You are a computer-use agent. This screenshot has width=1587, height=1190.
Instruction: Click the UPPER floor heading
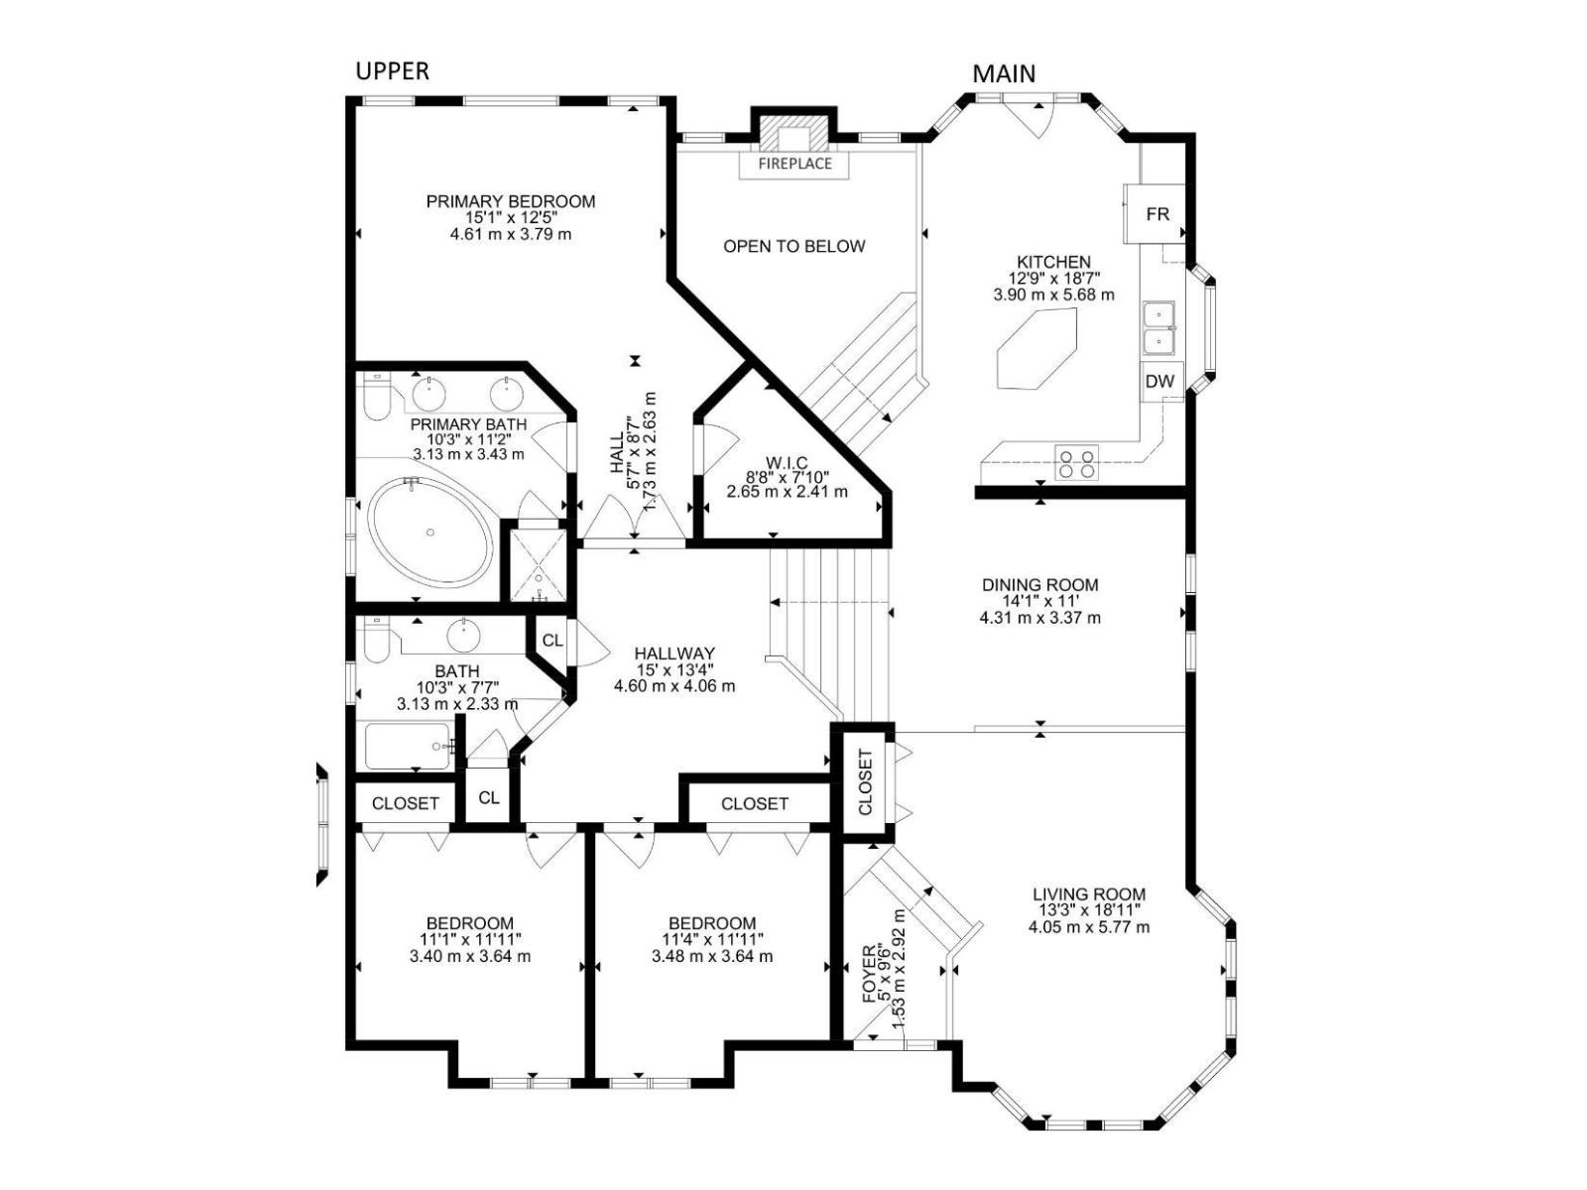pos(393,70)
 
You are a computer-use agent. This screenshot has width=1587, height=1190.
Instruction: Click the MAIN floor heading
pos(1004,73)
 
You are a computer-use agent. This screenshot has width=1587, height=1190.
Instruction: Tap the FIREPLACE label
pos(794,164)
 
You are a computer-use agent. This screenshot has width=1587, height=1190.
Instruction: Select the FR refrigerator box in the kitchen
pos(1154,214)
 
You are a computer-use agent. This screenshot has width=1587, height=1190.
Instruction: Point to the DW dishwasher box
pos(1160,382)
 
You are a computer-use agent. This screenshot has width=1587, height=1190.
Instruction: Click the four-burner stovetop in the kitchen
pos(1076,463)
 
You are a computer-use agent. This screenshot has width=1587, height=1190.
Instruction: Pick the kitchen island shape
pos(1037,349)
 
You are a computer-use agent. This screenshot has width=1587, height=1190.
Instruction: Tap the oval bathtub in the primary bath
pos(430,532)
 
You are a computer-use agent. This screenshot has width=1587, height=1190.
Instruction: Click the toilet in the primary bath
pos(375,397)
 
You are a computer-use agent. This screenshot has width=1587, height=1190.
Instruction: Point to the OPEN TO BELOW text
pos(793,246)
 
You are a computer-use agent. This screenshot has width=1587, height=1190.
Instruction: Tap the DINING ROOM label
pos(1039,584)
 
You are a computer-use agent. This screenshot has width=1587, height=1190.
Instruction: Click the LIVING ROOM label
pos(1089,894)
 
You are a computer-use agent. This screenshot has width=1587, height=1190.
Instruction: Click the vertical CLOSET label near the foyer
pos(866,782)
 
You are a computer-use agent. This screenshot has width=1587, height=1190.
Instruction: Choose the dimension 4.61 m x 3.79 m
pos(511,234)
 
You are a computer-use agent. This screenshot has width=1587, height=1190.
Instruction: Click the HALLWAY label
pos(673,654)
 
